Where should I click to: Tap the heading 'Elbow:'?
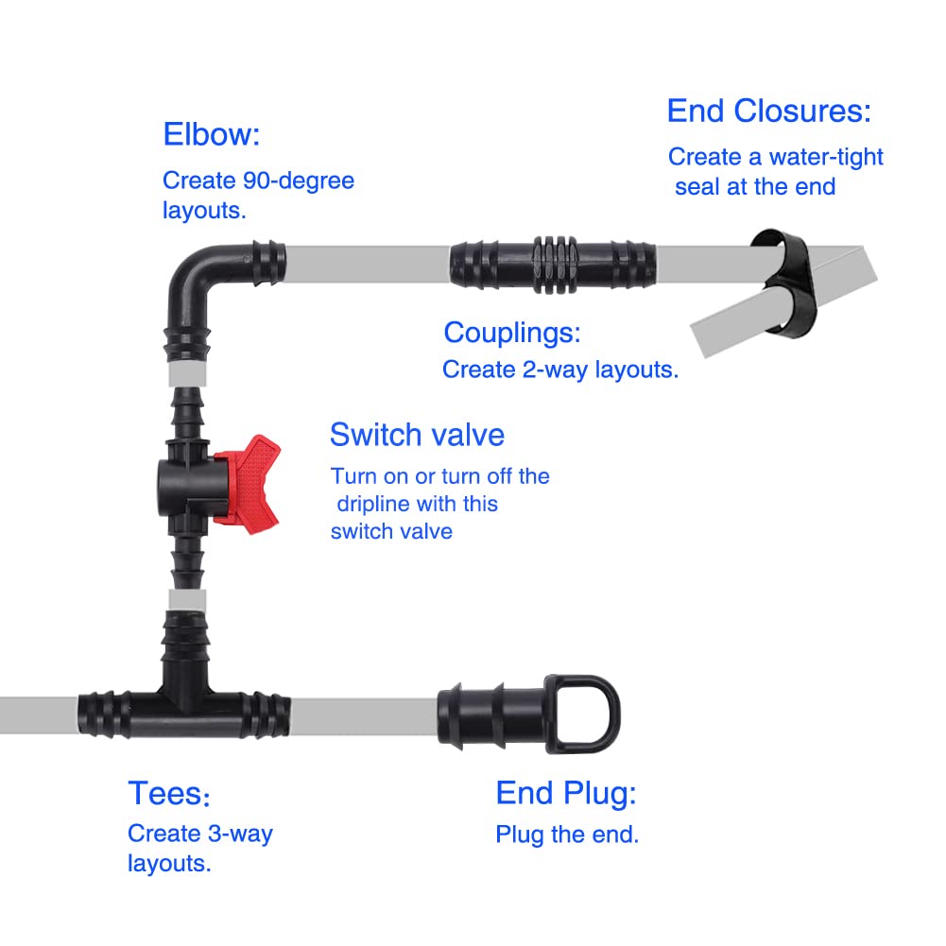point(211,134)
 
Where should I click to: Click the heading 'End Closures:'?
point(768,112)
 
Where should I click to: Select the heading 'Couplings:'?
point(511,333)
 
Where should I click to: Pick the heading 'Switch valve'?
point(417,435)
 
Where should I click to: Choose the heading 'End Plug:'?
point(565,794)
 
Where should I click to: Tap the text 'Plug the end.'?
point(567,834)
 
